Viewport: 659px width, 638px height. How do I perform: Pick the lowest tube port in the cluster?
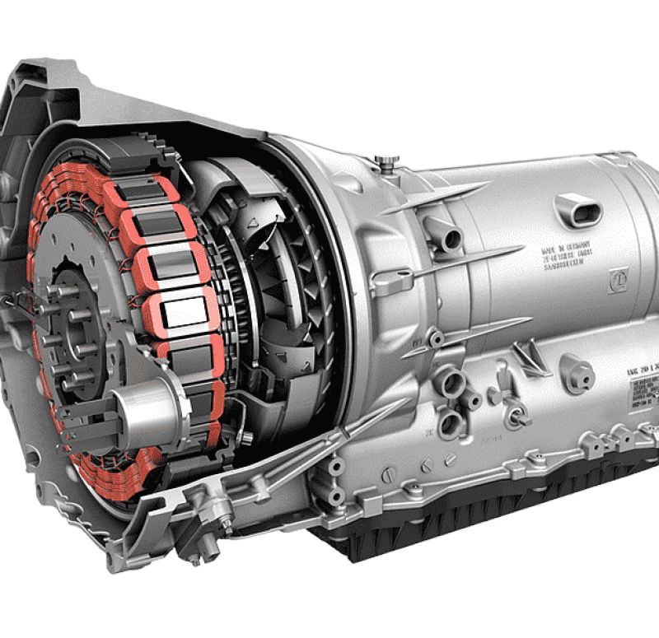(451, 423)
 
